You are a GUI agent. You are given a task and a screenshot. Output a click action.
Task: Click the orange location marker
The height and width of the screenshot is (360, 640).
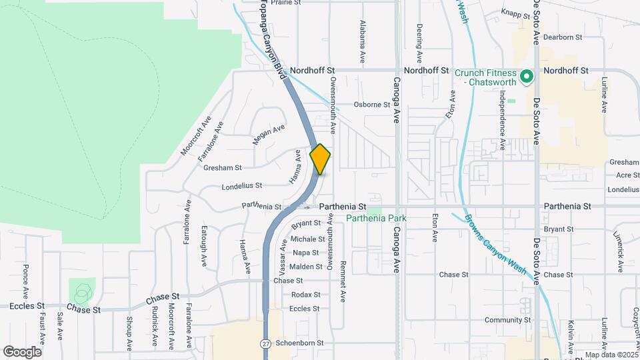(321, 159)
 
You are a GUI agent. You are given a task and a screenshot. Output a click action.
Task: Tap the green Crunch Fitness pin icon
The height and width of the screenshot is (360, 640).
(526, 77)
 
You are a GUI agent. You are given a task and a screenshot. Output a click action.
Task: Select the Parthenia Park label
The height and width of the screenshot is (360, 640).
(376, 218)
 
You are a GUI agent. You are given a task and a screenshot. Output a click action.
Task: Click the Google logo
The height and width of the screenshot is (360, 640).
(22, 351)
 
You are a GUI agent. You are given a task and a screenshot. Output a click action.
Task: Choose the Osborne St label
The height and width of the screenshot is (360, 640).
(371, 105)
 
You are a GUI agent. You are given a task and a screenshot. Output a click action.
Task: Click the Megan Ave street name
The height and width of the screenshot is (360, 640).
(269, 134)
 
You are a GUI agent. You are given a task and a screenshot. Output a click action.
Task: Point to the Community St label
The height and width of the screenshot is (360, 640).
(507, 321)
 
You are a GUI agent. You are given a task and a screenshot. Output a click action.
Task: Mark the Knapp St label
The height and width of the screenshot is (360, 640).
(515, 13)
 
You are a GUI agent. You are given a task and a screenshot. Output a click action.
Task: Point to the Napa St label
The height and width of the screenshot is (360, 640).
(306, 253)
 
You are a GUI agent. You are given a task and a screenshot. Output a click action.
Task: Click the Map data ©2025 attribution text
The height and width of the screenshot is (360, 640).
(611, 355)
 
